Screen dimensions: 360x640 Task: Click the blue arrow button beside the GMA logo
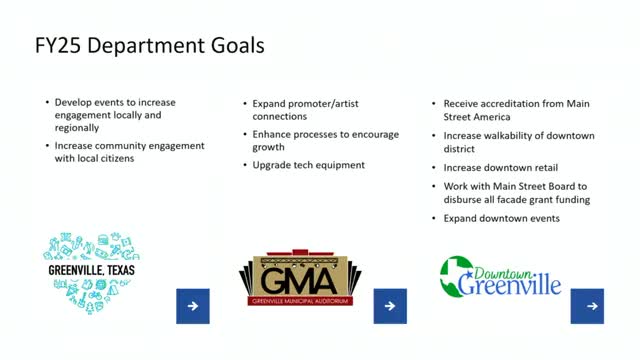click(x=390, y=307)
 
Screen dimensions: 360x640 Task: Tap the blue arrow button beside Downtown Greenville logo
click(x=587, y=307)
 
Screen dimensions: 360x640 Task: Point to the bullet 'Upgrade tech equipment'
click(x=308, y=165)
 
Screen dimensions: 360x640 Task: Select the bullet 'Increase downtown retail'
click(x=501, y=167)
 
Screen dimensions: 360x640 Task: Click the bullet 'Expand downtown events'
click(x=501, y=217)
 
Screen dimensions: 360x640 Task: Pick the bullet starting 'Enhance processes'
click(x=310, y=140)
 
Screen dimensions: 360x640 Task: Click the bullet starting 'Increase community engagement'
click(x=129, y=153)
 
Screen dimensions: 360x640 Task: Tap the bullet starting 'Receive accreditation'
click(x=515, y=109)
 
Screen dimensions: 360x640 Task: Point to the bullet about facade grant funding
click(x=516, y=192)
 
